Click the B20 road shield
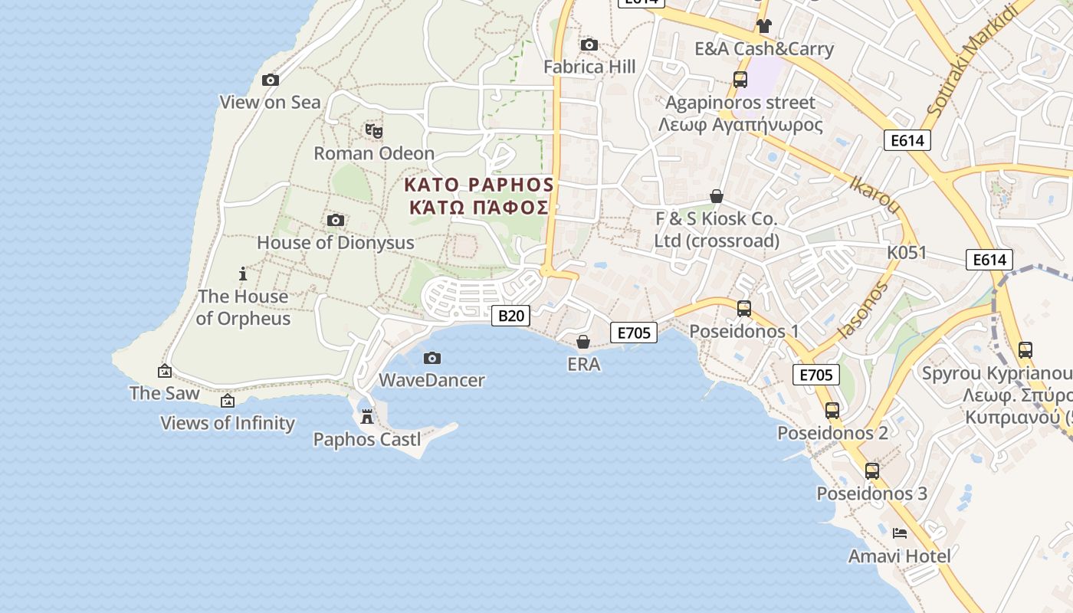tap(510, 315)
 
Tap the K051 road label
tap(907, 252)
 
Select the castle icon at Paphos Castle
tap(367, 417)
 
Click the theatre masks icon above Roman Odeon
tap(373, 131)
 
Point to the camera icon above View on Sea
tap(270, 80)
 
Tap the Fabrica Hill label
tap(589, 67)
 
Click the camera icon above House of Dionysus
tap(335, 221)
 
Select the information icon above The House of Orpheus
tap(243, 274)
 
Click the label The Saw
tap(164, 393)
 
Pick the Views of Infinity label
tap(228, 423)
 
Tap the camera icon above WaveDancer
tap(432, 358)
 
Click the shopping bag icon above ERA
tap(583, 341)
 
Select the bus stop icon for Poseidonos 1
tap(743, 309)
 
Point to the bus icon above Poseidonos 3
tap(871, 470)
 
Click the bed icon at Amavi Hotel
tap(900, 533)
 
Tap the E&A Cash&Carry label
tap(763, 49)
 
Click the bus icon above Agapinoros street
tap(740, 79)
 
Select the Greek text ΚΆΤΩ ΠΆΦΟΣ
tap(479, 208)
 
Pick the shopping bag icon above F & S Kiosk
tap(716, 197)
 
